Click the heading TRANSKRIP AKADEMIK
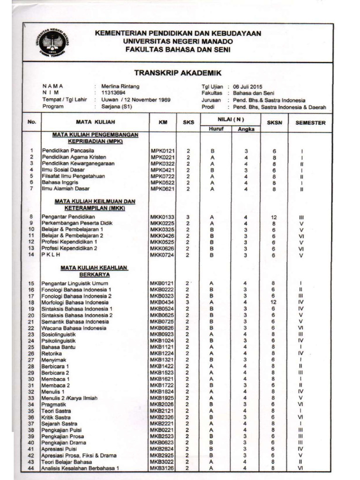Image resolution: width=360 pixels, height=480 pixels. pos(178,73)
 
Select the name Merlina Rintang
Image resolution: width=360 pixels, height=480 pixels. pos(120,86)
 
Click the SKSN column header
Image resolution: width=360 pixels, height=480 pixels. pos(274,123)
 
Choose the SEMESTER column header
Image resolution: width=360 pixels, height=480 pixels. pos(310,123)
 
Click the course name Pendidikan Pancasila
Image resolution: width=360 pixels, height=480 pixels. pos(67,150)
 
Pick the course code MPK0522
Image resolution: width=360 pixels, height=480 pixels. pos(162,182)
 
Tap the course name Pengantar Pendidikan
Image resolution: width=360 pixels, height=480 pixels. pos(68,217)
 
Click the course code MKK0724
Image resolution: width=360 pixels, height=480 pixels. pos(162,255)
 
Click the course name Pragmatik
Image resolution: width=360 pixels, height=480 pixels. pos(54,405)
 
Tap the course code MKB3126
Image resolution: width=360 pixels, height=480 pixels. pos(162,468)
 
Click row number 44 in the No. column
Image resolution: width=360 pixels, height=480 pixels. pos(31,468)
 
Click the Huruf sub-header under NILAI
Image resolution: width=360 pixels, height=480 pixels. pos(216,128)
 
